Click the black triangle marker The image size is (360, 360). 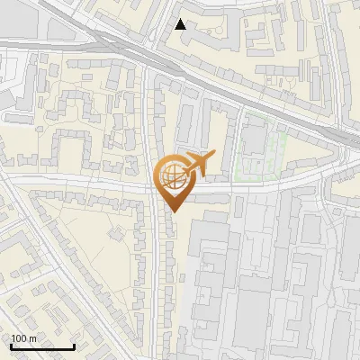click(181, 24)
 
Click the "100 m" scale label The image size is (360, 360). click(23, 338)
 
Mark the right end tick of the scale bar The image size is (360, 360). click(74, 346)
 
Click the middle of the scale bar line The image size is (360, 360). click(42, 347)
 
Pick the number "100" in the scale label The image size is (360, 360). click(19, 338)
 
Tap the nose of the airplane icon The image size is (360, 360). click(213, 157)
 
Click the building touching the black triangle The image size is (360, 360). click(193, 36)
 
